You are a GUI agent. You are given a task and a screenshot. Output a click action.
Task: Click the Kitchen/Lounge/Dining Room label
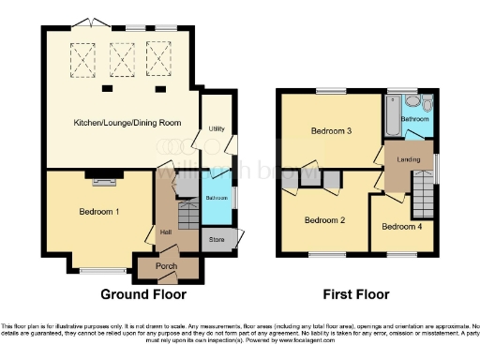point(121,123)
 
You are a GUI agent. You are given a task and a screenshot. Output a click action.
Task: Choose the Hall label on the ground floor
point(165,232)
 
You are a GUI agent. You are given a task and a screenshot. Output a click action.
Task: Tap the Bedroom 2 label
point(325,220)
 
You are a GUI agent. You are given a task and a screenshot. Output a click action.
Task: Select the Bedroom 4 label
point(401,227)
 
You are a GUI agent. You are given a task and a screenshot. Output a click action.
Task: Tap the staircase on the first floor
point(425,200)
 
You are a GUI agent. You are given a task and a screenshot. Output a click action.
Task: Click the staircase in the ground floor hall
point(187,217)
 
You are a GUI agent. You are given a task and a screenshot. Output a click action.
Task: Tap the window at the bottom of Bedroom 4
point(401,254)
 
